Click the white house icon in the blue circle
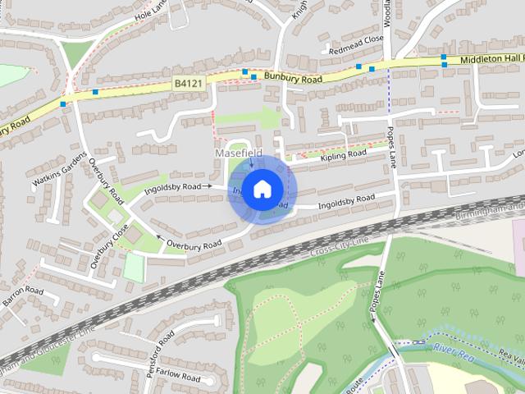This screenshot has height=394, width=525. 262,190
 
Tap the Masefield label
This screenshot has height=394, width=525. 238,153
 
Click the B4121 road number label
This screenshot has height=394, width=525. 188,84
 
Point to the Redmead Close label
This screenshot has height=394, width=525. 356,39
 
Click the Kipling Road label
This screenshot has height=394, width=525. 343,154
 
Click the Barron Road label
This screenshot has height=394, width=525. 22,297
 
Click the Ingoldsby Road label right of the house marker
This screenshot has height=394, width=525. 345,198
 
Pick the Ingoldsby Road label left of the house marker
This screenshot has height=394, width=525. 172,187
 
